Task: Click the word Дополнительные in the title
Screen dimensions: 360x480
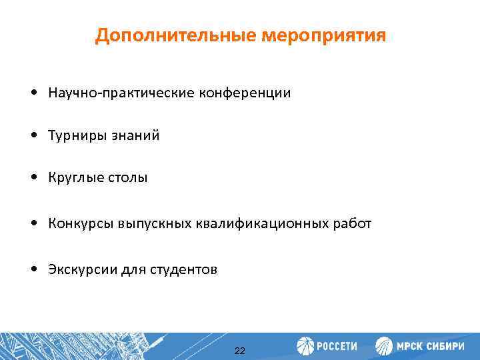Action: [175, 35]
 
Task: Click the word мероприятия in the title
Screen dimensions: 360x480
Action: [323, 35]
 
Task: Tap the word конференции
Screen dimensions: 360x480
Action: [243, 93]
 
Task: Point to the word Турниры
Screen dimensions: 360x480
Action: [75, 136]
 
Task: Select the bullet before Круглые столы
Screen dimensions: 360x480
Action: [33, 179]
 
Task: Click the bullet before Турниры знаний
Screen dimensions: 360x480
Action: [33, 136]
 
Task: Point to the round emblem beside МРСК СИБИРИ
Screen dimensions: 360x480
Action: [384, 346]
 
